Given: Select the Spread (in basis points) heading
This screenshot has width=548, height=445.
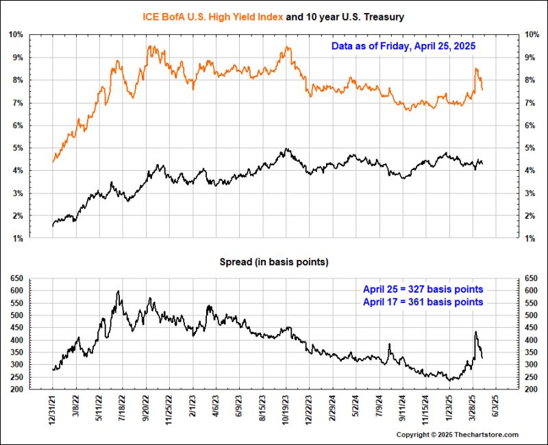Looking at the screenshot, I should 273,263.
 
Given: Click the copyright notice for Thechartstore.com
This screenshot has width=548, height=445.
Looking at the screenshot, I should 458,435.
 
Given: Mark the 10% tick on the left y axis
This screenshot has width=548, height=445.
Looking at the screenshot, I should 17,34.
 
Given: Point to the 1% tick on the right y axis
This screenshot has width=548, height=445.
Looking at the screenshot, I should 529,239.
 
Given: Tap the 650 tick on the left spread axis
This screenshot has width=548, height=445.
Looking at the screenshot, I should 17,278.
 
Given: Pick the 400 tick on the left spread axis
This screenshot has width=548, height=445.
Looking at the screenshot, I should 17,340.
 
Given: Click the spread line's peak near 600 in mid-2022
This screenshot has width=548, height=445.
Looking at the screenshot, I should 119,291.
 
